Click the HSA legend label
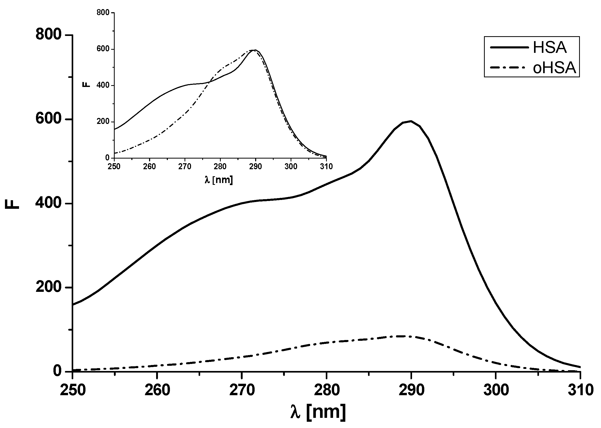pos(550,48)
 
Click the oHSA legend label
pos(554,68)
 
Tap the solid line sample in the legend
pos(509,47)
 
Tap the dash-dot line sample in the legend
pos(509,68)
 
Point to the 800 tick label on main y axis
pos(48,35)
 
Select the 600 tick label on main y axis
pos(48,119)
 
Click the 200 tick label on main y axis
pos(48,287)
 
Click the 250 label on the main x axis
pos(72,390)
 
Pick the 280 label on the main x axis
pos(327,390)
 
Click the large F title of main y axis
pos(12,204)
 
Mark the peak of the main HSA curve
pos(410,121)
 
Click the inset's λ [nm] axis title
pos(218,180)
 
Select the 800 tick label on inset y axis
pos(103,13)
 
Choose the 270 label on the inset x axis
pos(185,167)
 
